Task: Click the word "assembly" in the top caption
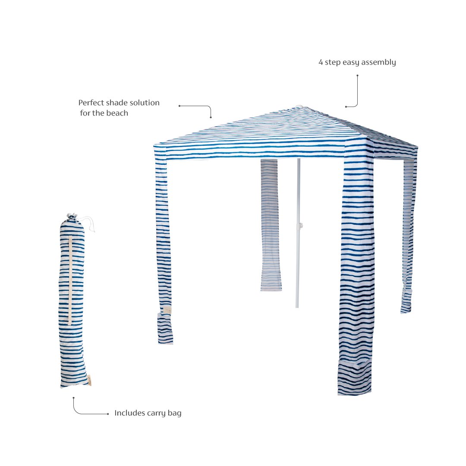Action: pos(378,63)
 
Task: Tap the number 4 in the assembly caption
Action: pos(321,62)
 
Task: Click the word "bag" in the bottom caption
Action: pos(174,413)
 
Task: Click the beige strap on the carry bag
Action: pos(70,280)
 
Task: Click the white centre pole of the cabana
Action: pos(298,233)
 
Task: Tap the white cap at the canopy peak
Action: pos(299,106)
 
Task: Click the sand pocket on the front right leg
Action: pos(355,377)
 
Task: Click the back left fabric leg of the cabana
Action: pos(271,225)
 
